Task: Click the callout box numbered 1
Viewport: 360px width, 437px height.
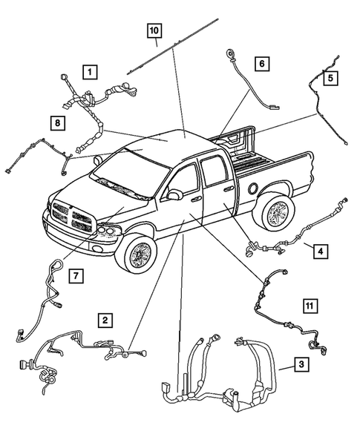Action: tap(89, 72)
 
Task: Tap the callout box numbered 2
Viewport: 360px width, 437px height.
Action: tap(106, 321)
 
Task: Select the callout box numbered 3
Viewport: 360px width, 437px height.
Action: tap(301, 364)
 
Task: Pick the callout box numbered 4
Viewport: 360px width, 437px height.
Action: tap(319, 252)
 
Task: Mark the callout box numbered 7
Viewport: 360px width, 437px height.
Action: tap(76, 277)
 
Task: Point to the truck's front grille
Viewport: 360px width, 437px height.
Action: tap(71, 216)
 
